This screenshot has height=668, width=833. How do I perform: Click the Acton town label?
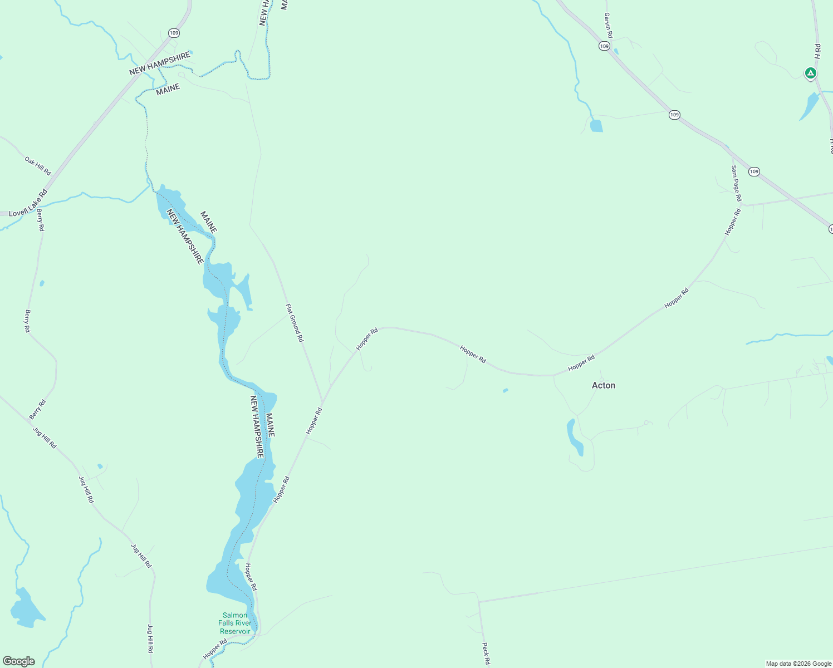click(x=604, y=385)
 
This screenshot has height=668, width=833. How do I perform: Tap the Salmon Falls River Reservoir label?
click(x=235, y=623)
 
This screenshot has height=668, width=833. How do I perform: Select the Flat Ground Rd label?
click(x=295, y=322)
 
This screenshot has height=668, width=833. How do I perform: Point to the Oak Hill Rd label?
click(x=38, y=166)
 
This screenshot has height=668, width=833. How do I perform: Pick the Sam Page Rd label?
click(x=736, y=184)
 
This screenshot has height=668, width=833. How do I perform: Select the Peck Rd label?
click(x=486, y=654)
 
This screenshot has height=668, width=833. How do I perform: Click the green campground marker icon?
click(x=811, y=73)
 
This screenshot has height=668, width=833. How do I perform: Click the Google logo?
click(x=19, y=661)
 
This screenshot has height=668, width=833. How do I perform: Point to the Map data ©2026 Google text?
click(x=798, y=664)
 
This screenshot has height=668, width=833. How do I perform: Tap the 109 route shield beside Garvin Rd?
click(x=605, y=46)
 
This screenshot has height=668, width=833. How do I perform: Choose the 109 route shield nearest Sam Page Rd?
click(x=754, y=171)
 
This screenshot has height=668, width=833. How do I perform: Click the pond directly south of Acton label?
click(x=574, y=436)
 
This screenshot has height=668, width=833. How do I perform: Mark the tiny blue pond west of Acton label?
click(x=506, y=391)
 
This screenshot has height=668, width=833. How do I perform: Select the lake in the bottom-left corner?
click(x=26, y=608)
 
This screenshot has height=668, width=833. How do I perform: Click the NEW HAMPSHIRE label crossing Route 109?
click(x=159, y=65)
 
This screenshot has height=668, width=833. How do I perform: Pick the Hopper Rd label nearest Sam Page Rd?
click(x=733, y=222)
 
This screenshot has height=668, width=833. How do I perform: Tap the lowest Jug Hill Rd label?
click(x=150, y=638)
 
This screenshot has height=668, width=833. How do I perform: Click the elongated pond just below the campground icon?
click(x=810, y=106)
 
